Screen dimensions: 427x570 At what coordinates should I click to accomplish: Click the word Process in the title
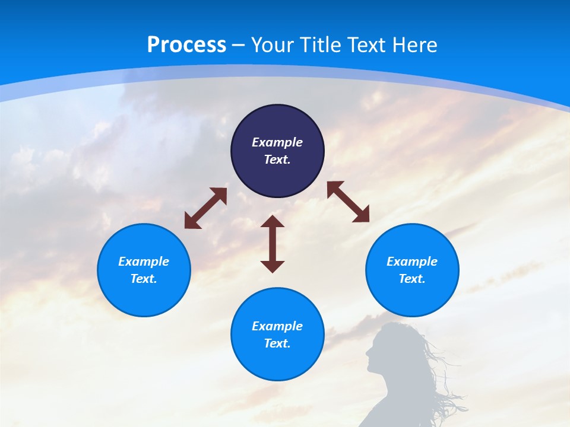[x=186, y=45]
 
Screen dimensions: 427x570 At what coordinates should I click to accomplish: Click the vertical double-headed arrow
[x=273, y=244]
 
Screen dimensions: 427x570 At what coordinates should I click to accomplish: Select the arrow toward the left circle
[x=205, y=208]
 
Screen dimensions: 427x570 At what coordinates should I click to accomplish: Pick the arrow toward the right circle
[x=348, y=202]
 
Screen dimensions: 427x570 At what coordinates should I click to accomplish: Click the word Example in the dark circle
[x=277, y=142]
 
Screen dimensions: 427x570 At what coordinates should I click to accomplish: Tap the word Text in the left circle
[x=144, y=279]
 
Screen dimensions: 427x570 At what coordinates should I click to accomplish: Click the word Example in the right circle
[x=412, y=262]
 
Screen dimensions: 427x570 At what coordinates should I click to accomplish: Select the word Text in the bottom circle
[x=277, y=343]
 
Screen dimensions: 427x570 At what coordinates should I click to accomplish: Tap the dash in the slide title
[x=239, y=45]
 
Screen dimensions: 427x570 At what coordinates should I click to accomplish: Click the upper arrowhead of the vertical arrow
[x=273, y=223]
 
